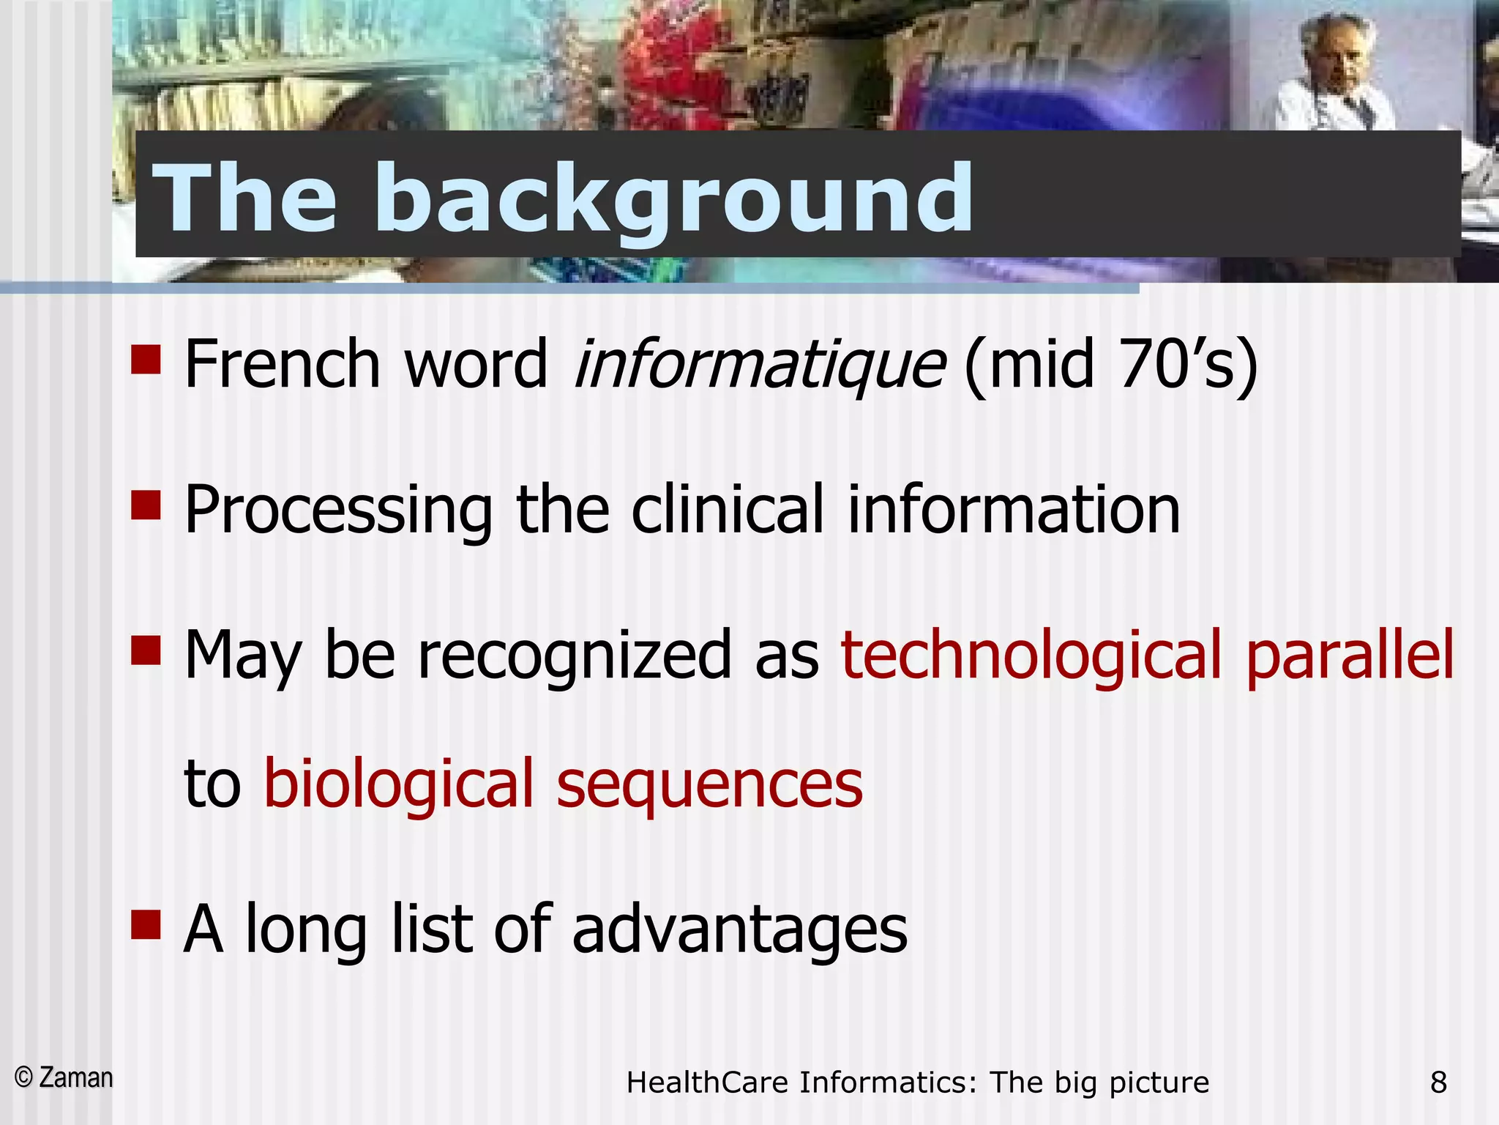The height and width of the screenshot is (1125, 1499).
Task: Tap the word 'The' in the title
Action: coord(245,198)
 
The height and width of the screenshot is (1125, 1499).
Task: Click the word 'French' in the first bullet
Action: coord(283,364)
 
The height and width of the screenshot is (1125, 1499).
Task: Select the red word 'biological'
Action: coord(399,784)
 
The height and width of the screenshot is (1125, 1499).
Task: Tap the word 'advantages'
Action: coord(739,930)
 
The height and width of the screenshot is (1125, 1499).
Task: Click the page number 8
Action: coord(1438,1082)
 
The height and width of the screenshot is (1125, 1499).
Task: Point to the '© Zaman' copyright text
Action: coord(64,1078)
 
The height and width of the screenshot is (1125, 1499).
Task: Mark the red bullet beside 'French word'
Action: coord(146,360)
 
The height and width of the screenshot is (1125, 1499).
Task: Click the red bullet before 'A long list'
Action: coord(146,924)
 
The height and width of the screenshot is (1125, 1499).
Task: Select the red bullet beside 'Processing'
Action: coord(146,505)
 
